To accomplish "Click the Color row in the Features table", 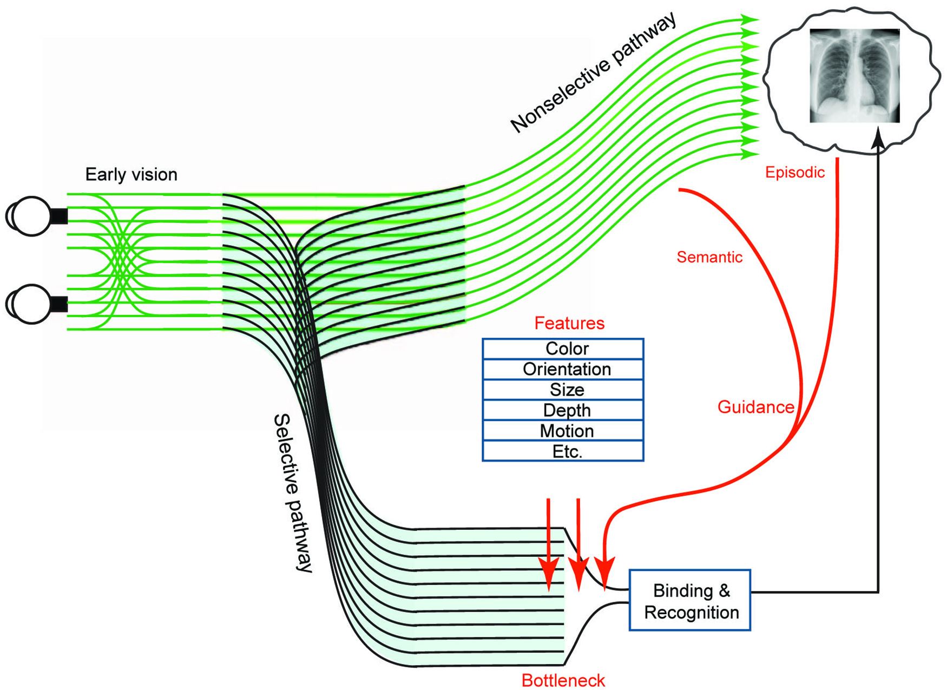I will click(x=563, y=349).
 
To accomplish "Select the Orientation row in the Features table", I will click(x=563, y=369).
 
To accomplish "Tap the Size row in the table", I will click(x=563, y=390).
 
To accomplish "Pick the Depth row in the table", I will click(x=563, y=410).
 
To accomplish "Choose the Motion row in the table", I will click(x=563, y=431).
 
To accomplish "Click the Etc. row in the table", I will click(x=563, y=451).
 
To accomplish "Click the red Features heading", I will click(x=569, y=323).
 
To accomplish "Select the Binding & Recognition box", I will click(x=690, y=600).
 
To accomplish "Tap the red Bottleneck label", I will click(x=563, y=680).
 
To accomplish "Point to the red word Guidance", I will click(x=755, y=407).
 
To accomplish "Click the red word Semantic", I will click(x=709, y=257).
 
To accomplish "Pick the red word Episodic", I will click(x=794, y=173).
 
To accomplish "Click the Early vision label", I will click(x=131, y=175).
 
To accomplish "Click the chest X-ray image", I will click(x=854, y=76).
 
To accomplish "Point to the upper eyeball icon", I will click(x=31, y=216).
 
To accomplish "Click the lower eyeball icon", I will click(x=31, y=304).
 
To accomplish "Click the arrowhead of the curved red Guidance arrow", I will click(x=604, y=574).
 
